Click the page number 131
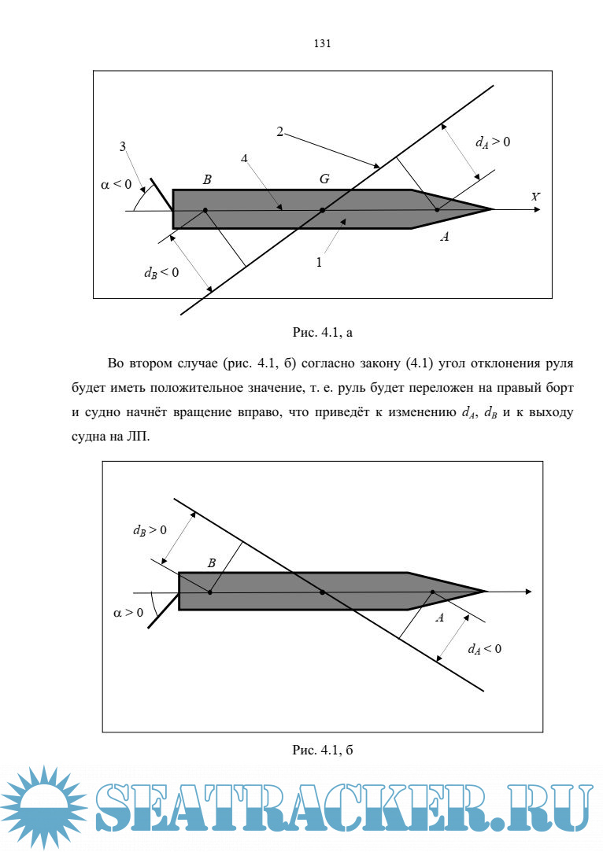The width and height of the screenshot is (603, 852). [321, 44]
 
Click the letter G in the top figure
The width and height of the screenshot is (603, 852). [324, 179]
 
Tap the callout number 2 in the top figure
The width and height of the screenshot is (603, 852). [279, 131]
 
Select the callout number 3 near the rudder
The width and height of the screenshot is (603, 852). [123, 146]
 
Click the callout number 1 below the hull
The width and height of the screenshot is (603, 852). [319, 263]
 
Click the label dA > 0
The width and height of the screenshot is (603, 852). [493, 142]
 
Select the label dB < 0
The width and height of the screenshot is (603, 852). [161, 273]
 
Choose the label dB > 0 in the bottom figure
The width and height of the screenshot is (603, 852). [150, 529]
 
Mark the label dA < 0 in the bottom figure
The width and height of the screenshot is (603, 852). [484, 649]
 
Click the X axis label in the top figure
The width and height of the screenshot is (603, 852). [535, 197]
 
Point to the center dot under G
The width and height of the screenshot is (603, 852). [322, 210]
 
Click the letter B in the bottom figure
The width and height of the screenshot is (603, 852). [211, 562]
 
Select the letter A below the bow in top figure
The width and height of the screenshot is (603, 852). [444, 237]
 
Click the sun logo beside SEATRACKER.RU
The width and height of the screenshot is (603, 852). [45, 809]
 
